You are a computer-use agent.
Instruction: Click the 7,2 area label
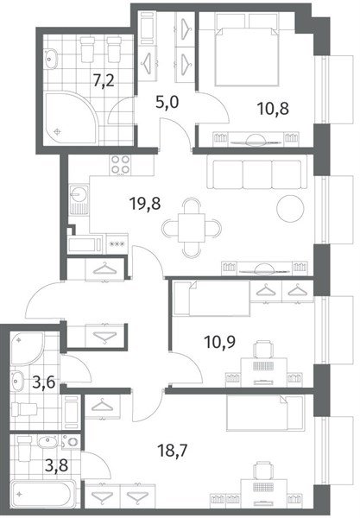[104, 80]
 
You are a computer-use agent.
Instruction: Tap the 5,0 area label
[167, 103]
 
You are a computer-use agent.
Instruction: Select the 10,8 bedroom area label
[273, 109]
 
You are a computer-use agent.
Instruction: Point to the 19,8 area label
[145, 204]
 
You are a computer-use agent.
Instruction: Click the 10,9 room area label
[220, 342]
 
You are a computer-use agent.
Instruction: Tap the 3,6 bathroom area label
[43, 382]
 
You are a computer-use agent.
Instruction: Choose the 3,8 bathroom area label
[56, 465]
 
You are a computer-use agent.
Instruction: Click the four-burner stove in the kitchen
[120, 165]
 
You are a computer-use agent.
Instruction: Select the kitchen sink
[79, 200]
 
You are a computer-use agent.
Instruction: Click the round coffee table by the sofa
[290, 208]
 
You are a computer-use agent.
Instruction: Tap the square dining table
[192, 228]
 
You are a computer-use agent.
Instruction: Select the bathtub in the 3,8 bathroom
[45, 495]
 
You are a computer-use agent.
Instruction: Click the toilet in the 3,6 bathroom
[25, 409]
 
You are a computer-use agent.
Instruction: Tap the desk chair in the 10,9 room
[263, 350]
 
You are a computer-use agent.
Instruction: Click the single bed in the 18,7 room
[265, 414]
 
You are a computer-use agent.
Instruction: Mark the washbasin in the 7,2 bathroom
[51, 59]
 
